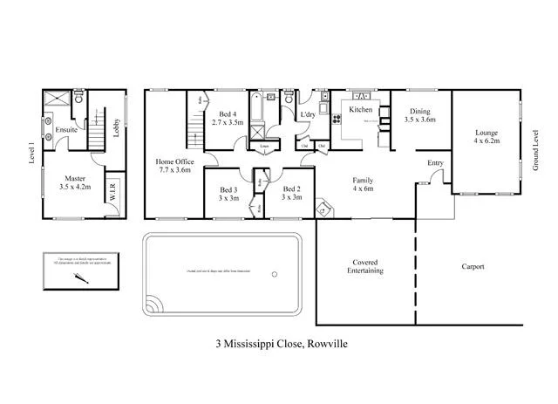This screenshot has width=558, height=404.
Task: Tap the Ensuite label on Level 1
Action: [66, 130]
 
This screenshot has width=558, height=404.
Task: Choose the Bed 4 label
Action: [227, 118]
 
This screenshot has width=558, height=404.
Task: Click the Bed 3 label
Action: [228, 193]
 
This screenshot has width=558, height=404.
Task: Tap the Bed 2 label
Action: [292, 193]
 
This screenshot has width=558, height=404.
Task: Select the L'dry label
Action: [307, 114]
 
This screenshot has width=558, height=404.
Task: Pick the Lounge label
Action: [486, 136]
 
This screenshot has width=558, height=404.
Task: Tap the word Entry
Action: [435, 163]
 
